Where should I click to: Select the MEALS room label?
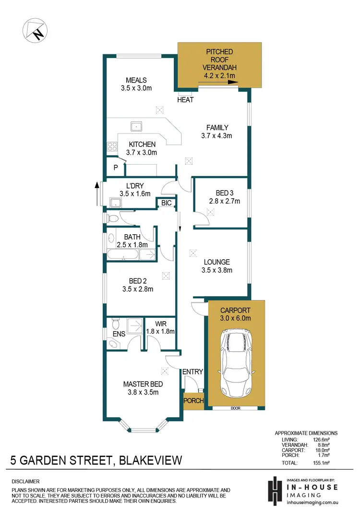point(136,80)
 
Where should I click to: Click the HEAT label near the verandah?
point(185,100)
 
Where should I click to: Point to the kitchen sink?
point(136,127)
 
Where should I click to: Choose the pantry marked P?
point(116,167)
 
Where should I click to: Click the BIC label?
point(167,203)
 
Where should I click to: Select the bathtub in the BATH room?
point(124,254)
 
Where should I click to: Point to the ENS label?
point(118,333)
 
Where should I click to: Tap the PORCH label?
point(194,401)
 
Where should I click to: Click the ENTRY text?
point(192,371)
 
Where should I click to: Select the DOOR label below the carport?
point(235,408)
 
